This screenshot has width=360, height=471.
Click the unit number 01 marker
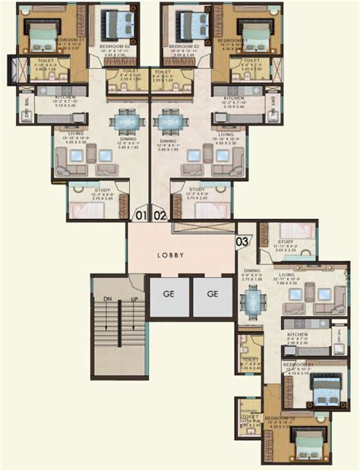click(141, 215)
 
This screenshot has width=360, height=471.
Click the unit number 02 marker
click(160, 215)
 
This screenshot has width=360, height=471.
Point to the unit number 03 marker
click(243, 242)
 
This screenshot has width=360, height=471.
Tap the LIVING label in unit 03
click(287, 277)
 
